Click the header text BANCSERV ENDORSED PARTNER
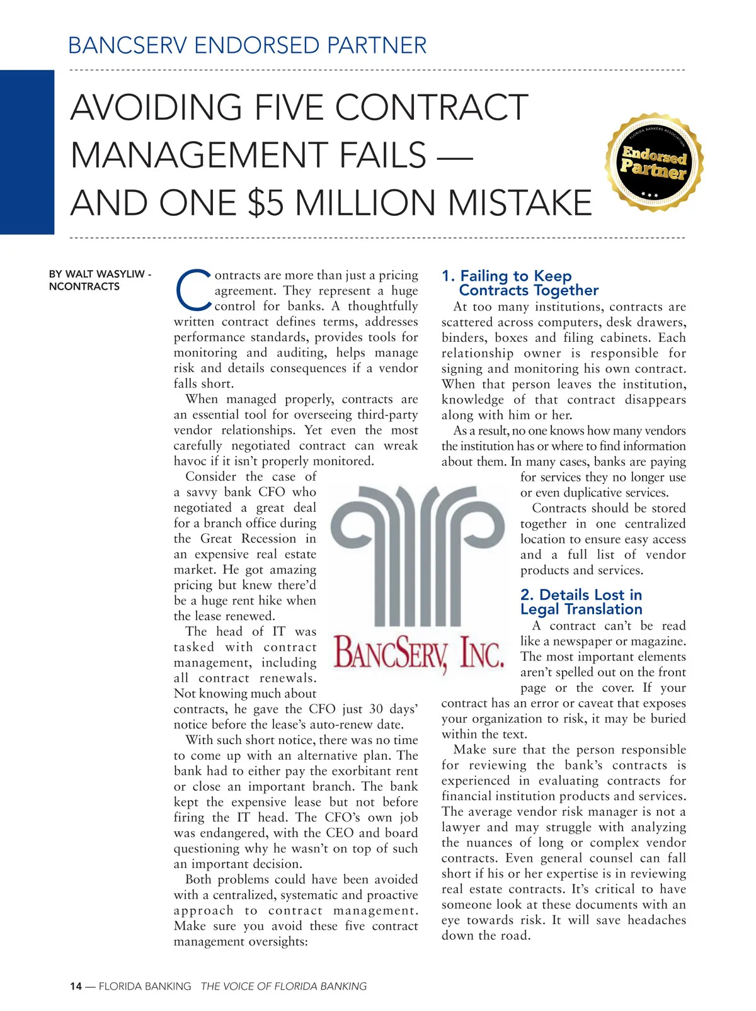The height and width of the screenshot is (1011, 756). [247, 45]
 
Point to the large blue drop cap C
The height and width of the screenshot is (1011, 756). [192, 291]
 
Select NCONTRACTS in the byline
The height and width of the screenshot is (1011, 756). [84, 286]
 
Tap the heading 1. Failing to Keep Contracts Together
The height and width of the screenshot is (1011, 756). [520, 283]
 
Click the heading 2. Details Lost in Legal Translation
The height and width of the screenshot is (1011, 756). [581, 602]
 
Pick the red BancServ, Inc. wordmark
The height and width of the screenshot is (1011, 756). [418, 652]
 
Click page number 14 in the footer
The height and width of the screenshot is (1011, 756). [76, 986]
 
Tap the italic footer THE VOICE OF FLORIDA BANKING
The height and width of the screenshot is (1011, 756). [283, 986]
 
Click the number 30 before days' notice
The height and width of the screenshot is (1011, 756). [375, 709]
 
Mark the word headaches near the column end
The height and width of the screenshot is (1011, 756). [651, 920]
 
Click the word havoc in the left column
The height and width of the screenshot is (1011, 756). [192, 461]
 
